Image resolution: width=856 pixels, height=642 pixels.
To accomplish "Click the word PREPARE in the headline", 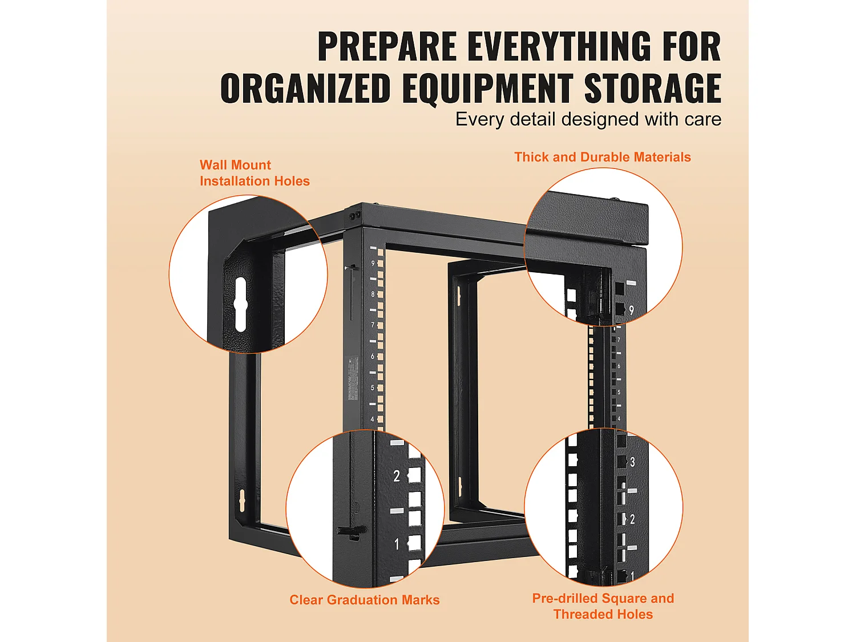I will [x=387, y=46].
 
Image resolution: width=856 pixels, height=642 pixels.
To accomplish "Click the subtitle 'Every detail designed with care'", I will [x=588, y=119].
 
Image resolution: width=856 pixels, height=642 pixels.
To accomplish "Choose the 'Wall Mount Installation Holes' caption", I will [x=255, y=173].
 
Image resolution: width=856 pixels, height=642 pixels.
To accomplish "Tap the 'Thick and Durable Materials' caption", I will [x=602, y=157].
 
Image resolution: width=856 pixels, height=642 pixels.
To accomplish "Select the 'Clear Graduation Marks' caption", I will [x=364, y=600].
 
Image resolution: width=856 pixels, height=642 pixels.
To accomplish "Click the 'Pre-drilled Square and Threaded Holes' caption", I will [x=603, y=606].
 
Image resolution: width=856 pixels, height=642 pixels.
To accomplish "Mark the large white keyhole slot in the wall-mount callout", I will [x=240, y=305].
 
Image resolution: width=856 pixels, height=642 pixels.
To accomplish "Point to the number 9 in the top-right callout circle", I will [x=631, y=310].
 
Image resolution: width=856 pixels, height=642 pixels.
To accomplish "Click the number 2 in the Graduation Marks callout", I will [x=397, y=476].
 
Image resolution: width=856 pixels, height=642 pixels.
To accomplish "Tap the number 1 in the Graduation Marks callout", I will [x=397, y=544].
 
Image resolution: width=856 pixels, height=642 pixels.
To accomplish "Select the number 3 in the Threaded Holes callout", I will [x=632, y=462].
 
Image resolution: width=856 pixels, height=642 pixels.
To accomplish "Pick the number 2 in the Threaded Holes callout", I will [x=632, y=519].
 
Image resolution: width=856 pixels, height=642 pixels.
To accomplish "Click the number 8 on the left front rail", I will [x=373, y=294].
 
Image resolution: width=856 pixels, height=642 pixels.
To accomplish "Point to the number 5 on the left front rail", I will [x=373, y=387].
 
